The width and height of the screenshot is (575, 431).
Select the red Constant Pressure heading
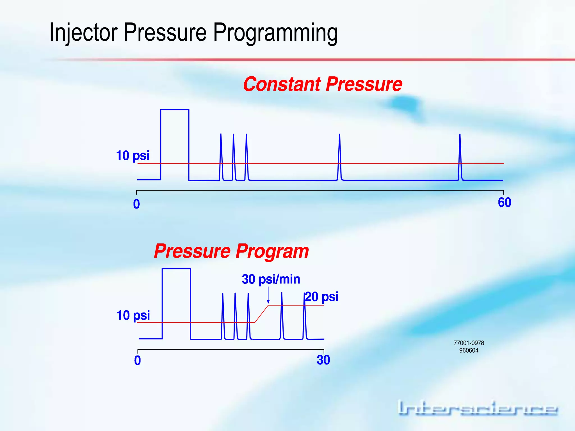(x=323, y=84)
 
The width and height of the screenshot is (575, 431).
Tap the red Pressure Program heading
(x=231, y=251)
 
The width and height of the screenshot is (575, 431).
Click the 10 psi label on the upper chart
(x=133, y=156)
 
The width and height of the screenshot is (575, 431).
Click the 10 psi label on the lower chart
(x=133, y=315)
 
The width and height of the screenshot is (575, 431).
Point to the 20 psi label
(x=322, y=297)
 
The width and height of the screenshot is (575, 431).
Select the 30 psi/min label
(x=271, y=279)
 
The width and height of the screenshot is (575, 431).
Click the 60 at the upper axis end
(x=505, y=203)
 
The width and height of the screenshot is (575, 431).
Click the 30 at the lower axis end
(x=323, y=360)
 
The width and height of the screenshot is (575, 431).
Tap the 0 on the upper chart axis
(x=136, y=204)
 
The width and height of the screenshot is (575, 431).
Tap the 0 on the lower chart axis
(x=137, y=361)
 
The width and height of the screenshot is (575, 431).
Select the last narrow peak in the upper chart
(x=460, y=157)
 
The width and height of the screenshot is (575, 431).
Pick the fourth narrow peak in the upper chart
(x=340, y=157)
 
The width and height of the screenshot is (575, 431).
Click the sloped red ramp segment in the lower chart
(x=262, y=314)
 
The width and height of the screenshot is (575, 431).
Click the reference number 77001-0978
(x=469, y=343)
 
